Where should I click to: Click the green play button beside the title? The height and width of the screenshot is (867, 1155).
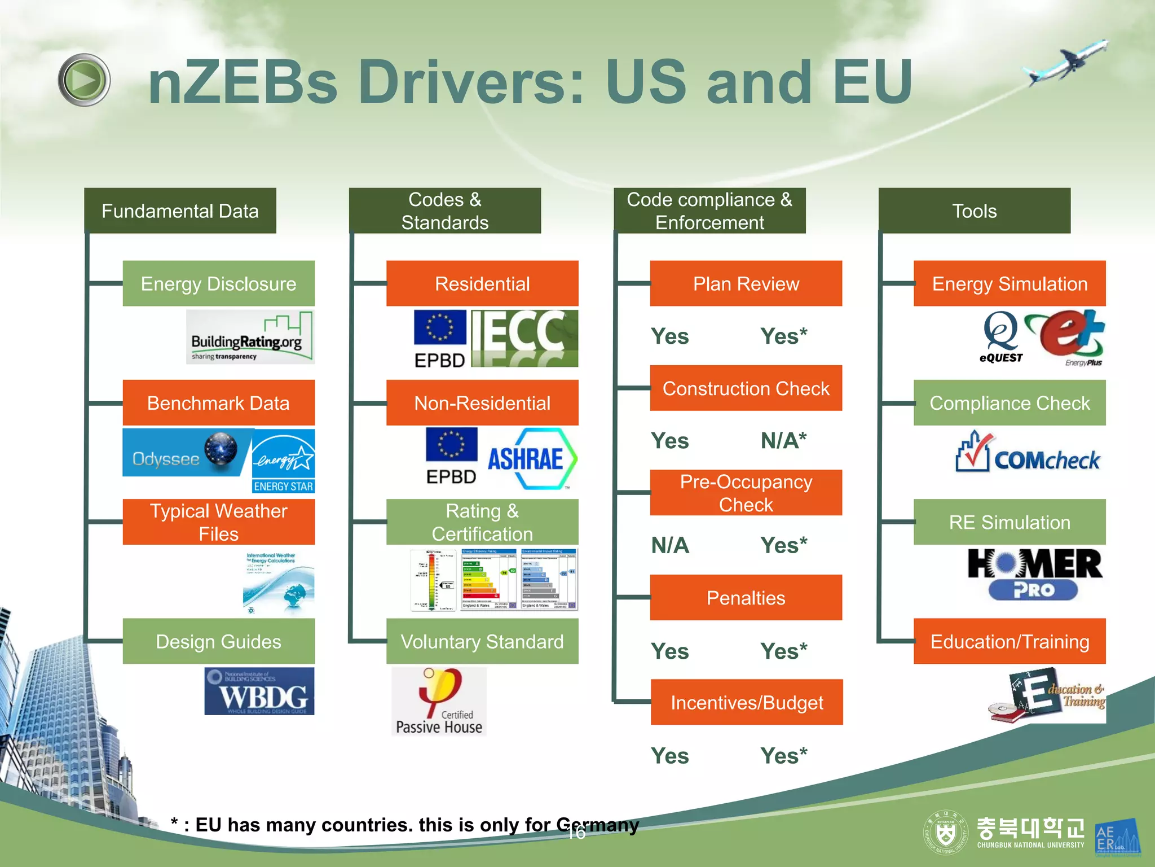[x=84, y=80]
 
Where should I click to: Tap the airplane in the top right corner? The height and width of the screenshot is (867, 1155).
[x=1065, y=63]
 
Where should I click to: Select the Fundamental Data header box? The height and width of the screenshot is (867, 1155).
[x=180, y=211]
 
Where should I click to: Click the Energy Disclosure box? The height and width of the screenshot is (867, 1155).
[x=218, y=283]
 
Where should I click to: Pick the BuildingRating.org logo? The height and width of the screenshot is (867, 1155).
[x=250, y=337]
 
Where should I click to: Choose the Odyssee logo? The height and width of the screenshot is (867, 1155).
[x=186, y=453]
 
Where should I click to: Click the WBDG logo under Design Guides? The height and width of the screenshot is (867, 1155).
[x=259, y=691]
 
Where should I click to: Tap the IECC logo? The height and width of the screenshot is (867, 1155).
[x=524, y=338]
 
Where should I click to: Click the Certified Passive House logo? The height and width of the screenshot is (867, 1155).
[x=439, y=702]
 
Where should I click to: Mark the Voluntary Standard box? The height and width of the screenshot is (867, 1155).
[x=482, y=641]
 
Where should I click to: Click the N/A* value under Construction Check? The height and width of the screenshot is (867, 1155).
[x=783, y=440]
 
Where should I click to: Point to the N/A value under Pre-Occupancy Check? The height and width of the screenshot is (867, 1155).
[x=670, y=545]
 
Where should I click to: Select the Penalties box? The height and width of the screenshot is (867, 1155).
[x=746, y=597]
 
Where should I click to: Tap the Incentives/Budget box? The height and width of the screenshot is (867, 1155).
[x=747, y=702]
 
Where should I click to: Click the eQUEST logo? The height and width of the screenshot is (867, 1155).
[x=1000, y=337]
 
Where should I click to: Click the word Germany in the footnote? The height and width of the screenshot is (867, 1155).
[x=598, y=825]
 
